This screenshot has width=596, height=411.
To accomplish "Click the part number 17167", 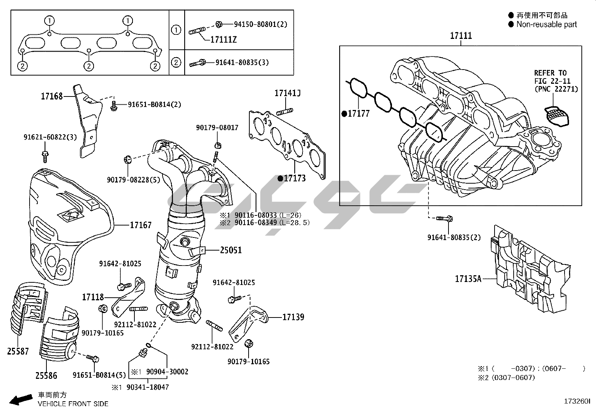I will point(141,225).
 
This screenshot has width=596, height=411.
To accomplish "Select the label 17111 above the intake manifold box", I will point(461,36).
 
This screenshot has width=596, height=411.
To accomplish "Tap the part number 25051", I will point(231,250).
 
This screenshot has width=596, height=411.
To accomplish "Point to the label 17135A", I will point(468,279).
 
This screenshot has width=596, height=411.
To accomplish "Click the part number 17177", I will point(359,114).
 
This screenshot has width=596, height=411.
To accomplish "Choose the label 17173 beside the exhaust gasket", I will point(295,178).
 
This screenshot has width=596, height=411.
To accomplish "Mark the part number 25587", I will point(18,351).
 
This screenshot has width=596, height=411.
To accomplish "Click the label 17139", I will point(293,317).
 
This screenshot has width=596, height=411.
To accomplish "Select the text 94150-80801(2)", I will point(261,24).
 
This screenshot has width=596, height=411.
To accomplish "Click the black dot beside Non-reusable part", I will point(511,24).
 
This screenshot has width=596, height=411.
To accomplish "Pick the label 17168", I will point(52,96).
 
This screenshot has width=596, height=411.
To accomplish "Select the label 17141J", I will point(288,93).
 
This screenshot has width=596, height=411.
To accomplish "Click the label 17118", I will point(93,297).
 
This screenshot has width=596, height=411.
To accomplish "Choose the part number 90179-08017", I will point(217,128).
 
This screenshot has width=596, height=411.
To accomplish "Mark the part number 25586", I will point(46,375).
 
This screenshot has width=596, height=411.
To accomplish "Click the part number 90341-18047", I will point(148,387).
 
